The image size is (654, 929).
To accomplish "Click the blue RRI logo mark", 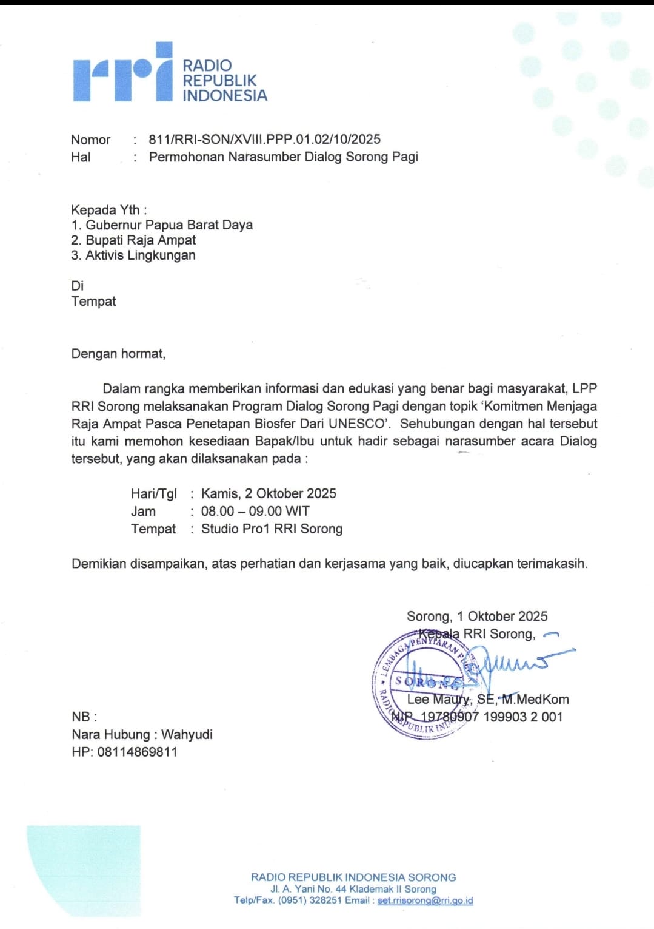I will [x=123, y=73].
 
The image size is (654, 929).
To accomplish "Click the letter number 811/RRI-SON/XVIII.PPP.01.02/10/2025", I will [x=264, y=140].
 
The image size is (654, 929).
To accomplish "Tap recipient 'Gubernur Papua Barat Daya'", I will [x=169, y=225].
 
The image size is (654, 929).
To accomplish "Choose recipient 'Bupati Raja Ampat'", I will [x=141, y=240].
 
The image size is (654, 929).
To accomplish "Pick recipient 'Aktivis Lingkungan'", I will [x=140, y=255].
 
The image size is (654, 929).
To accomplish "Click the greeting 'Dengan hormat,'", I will [x=118, y=354].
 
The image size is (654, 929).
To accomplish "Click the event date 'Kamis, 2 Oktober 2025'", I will [x=269, y=494].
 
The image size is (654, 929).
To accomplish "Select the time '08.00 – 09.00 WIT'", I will [x=255, y=512].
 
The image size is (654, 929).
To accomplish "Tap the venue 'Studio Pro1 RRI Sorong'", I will [x=272, y=529].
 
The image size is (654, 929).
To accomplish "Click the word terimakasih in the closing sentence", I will [x=552, y=564].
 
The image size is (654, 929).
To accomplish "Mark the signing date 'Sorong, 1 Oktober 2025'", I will [x=477, y=617].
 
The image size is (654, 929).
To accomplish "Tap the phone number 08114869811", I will [x=137, y=752].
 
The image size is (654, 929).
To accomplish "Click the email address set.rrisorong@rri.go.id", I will [x=425, y=901].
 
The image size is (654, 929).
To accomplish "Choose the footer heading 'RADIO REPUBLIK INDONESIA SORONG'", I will [x=353, y=877].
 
